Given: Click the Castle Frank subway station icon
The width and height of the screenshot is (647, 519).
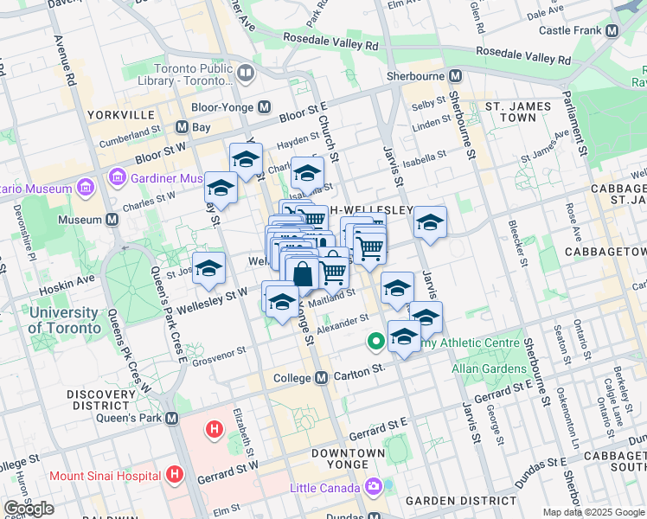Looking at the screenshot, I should pyautogui.click(x=612, y=30).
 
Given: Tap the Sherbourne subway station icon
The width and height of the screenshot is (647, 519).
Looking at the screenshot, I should pyautogui.click(x=451, y=76).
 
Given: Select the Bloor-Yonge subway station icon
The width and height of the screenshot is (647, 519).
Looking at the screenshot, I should pyautogui.click(x=264, y=107).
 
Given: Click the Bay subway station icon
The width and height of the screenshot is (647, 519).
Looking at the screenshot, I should pyautogui.click(x=182, y=126).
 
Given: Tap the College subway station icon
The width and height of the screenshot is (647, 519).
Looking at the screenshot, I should pyautogui.click(x=321, y=378).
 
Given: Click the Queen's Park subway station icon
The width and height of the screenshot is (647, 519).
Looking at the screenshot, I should pyautogui.click(x=171, y=418).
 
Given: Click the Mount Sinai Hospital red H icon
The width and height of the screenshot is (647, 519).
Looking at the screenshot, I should pyautogui.click(x=176, y=475).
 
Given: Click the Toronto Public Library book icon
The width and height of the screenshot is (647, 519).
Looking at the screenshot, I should pyautogui.click(x=246, y=74).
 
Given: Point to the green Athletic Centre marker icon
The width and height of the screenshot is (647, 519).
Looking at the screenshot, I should pyautogui.click(x=375, y=342).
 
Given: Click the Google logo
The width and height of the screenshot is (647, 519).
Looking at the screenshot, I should pyautogui.click(x=29, y=509).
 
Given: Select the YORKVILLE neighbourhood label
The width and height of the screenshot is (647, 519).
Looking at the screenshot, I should pyautogui.click(x=120, y=114).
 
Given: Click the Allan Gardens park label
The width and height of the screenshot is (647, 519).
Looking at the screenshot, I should pyautogui.click(x=489, y=368).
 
